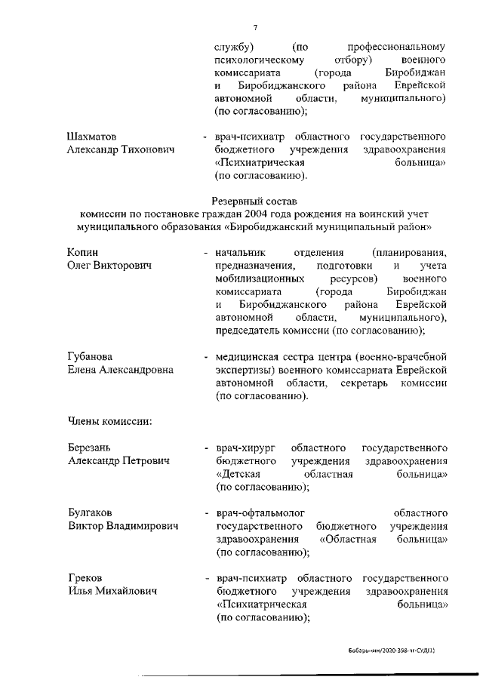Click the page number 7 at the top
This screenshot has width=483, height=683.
[256, 28]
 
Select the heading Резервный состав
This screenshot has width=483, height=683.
[256, 201]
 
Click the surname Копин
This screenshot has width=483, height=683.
[83, 252]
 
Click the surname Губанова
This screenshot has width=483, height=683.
[91, 357]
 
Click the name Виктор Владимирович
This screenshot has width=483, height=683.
[123, 526]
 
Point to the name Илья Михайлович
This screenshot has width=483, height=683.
[113, 591]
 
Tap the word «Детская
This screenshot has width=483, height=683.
[238, 474]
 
